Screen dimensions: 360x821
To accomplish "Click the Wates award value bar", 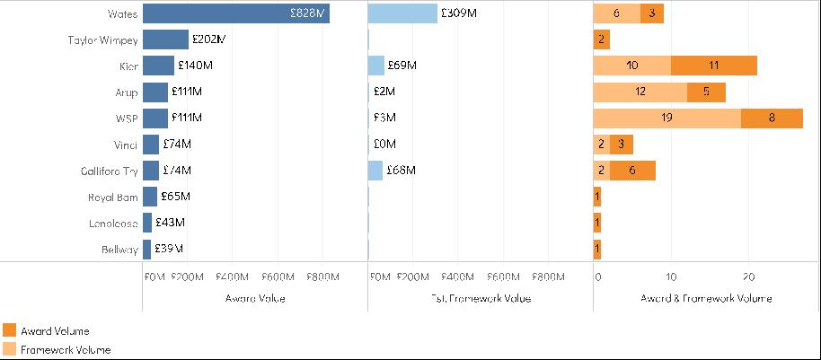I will click(x=235, y=13).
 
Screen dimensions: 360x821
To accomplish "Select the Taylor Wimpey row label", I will click(x=102, y=40).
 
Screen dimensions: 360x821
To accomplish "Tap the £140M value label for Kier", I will click(x=195, y=66).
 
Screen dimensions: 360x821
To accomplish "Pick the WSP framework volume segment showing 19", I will click(x=667, y=118).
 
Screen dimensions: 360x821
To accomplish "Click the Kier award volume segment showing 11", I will click(x=713, y=66).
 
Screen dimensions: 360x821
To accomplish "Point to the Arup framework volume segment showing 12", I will click(x=640, y=92).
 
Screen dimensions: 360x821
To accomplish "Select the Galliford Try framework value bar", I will click(x=375, y=171).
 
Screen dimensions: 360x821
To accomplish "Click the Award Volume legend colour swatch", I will click(x=10, y=331).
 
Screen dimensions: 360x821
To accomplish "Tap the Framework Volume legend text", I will click(x=66, y=350).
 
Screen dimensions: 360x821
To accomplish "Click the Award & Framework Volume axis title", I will click(x=706, y=298).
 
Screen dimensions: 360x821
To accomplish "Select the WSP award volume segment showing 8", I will click(x=772, y=118).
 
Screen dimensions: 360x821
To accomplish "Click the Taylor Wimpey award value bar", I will click(x=165, y=40).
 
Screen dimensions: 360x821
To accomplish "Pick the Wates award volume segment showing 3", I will click(x=651, y=13).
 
